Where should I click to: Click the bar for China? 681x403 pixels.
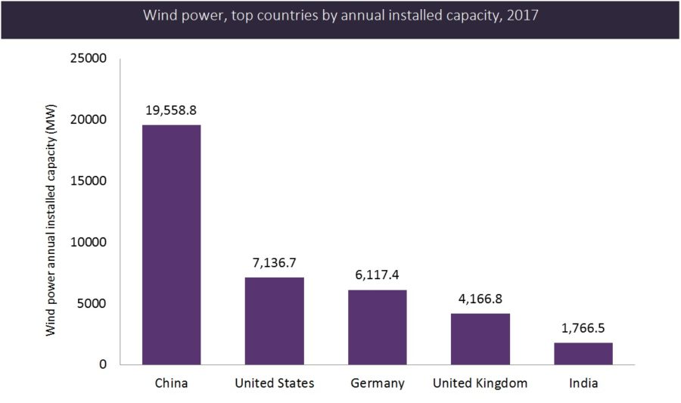click(x=171, y=245)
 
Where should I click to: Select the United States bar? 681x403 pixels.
click(x=274, y=321)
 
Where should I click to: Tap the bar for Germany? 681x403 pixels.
click(x=377, y=327)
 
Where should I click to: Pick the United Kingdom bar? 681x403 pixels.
click(x=480, y=339)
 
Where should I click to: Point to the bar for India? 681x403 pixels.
click(x=583, y=354)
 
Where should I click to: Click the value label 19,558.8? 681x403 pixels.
click(x=171, y=110)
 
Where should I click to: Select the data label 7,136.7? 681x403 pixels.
click(x=274, y=262)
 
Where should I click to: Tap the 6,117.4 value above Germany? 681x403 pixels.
click(x=377, y=274)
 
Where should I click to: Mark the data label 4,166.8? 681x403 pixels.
click(x=480, y=299)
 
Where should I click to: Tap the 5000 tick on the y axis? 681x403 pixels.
click(x=94, y=304)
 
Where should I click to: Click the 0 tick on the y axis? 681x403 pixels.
click(x=104, y=365)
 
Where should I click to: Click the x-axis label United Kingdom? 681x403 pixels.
click(x=480, y=383)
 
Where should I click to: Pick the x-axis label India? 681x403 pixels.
click(x=583, y=383)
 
